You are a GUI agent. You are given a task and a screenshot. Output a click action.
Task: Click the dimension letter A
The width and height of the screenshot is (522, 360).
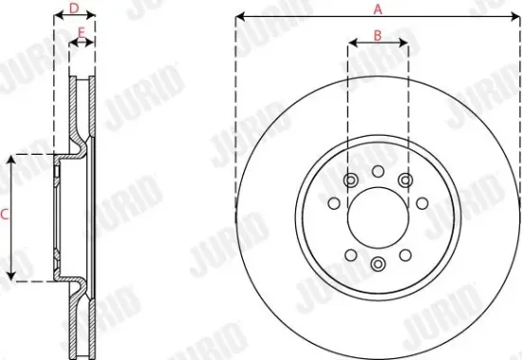coord(377,9)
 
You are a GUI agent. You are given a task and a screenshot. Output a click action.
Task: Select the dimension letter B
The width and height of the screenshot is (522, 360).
coord(377,34)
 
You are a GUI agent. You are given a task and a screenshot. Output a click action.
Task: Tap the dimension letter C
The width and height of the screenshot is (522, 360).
coord(4,216)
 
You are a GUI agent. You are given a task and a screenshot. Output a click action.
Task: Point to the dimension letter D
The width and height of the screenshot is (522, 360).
coord(75,8)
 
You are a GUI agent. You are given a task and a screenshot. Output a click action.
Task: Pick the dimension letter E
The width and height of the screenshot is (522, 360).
coord(83,32)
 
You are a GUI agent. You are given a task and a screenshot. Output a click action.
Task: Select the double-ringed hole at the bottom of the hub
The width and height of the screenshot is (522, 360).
coord(378,263)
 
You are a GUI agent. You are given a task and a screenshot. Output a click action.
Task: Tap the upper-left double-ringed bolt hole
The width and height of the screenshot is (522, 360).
coord(350,180)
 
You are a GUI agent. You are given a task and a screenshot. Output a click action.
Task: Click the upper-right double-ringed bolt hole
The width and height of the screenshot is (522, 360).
coord(405,180)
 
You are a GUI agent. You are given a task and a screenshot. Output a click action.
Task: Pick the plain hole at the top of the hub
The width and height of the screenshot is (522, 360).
coord(378,171)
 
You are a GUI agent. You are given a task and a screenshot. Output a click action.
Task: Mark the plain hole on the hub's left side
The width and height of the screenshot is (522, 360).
coord(333,202)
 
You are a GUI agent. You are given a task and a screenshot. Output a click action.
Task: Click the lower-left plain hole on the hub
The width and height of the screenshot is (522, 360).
coord(350,253)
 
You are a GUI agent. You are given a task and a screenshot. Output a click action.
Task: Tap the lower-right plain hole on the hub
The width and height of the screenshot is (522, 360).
coord(405,253)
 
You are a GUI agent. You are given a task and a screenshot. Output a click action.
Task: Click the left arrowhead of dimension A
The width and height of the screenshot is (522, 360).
coord(239,17)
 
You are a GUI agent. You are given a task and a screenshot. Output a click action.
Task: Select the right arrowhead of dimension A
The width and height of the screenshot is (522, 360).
coord(516,17)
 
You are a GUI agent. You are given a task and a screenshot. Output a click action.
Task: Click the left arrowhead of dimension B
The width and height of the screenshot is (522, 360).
coord(352,44)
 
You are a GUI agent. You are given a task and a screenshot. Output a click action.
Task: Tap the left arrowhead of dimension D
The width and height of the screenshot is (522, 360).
coord(58,17)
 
